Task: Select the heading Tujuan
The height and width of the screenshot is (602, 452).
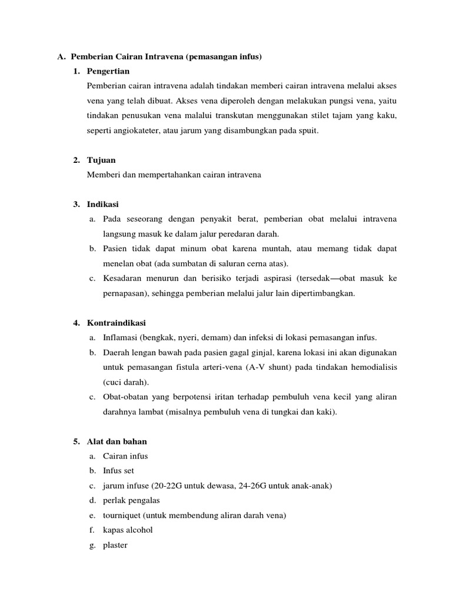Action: click(x=101, y=160)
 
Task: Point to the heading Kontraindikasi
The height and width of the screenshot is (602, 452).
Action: click(x=116, y=323)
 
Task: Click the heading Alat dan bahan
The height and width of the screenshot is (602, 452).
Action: click(x=117, y=441)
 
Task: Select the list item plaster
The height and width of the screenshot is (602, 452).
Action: click(x=115, y=545)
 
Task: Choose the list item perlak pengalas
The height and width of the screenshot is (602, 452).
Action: click(x=131, y=500)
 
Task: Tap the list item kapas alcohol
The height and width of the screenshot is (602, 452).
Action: click(x=127, y=530)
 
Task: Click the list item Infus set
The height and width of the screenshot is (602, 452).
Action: click(x=118, y=471)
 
